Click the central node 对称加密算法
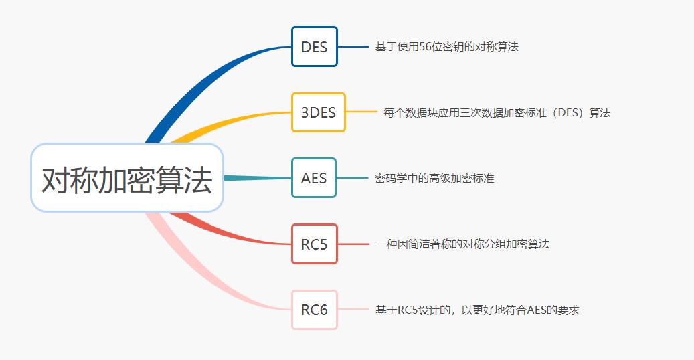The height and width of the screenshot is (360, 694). tap(127, 178)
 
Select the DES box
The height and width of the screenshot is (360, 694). tap(314, 47)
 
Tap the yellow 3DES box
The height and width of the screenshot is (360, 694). tap(319, 112)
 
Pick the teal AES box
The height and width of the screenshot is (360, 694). tap(314, 178)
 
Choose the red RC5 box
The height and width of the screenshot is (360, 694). tap(314, 244)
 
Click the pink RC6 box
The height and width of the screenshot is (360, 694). tap(314, 310)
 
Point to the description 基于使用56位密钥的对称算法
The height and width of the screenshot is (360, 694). tap(446, 47)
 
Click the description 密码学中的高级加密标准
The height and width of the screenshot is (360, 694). tap(434, 179)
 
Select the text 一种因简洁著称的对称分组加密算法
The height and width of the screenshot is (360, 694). tap(462, 244)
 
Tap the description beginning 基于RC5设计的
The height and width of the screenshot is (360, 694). tap(476, 310)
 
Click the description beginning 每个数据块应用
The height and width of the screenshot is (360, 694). tap(497, 113)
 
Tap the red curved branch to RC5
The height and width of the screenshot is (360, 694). tap(228, 231)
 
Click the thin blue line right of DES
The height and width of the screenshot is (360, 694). tap(353, 47)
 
